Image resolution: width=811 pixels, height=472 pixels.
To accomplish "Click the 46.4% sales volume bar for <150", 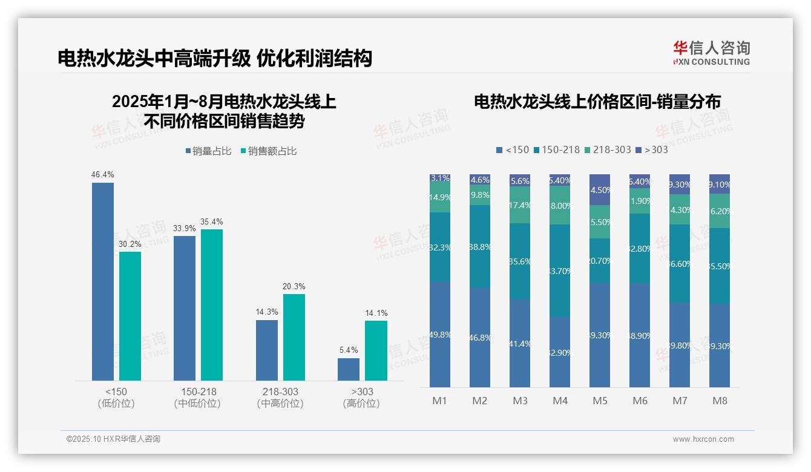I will pos(103,281).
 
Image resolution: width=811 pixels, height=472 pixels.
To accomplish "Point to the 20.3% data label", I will pos(294,286).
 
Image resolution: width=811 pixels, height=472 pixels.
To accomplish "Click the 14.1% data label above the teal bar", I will pos(376,313).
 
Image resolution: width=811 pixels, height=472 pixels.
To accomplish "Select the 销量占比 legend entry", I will pos(208,151).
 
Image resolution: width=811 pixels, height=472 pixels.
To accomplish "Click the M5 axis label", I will pos(600,401).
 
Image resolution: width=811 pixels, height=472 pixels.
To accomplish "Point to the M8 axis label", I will pos(720,401).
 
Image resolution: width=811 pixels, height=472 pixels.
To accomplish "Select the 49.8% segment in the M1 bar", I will pos(440,334).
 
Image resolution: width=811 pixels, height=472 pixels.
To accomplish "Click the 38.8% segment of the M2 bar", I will pos(480,247).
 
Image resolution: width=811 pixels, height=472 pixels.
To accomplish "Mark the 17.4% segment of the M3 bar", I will pos(520,205).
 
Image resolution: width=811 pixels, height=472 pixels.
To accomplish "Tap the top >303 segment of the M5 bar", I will pos(600,189).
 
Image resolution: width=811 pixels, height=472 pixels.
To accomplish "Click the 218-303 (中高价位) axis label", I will pos(280,397).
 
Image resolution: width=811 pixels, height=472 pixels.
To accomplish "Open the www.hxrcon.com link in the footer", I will pos(703,439).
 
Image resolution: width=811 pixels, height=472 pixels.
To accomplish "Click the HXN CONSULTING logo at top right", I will pos(711,53).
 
